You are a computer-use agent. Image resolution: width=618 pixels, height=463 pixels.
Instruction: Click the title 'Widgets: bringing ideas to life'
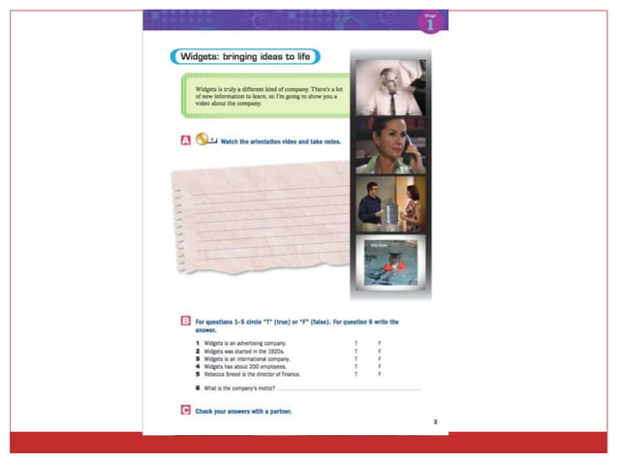pyautogui.click(x=243, y=57)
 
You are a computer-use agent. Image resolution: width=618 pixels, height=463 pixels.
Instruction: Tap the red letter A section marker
pyautogui.click(x=185, y=140)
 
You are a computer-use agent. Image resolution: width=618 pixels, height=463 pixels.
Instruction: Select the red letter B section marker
pyautogui.click(x=185, y=322)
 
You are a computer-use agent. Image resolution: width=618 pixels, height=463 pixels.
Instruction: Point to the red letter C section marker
pyautogui.click(x=185, y=411)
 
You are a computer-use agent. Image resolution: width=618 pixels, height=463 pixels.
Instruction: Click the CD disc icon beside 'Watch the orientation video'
pyautogui.click(x=203, y=139)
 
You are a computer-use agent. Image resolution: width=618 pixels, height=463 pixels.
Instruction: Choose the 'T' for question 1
pyautogui.click(x=356, y=344)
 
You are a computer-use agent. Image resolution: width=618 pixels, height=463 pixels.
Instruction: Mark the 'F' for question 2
pyautogui.click(x=380, y=352)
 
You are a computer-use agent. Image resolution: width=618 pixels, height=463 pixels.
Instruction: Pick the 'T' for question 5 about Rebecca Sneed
pyautogui.click(x=356, y=374)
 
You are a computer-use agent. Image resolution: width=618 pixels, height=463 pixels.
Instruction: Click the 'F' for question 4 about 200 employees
pyautogui.click(x=380, y=366)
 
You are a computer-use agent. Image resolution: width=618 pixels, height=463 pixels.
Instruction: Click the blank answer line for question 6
pyautogui.click(x=349, y=389)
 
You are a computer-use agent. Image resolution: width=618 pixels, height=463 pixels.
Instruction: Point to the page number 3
pyautogui.click(x=435, y=421)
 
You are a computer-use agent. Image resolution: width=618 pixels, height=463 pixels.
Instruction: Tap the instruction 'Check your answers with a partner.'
pyautogui.click(x=243, y=412)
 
